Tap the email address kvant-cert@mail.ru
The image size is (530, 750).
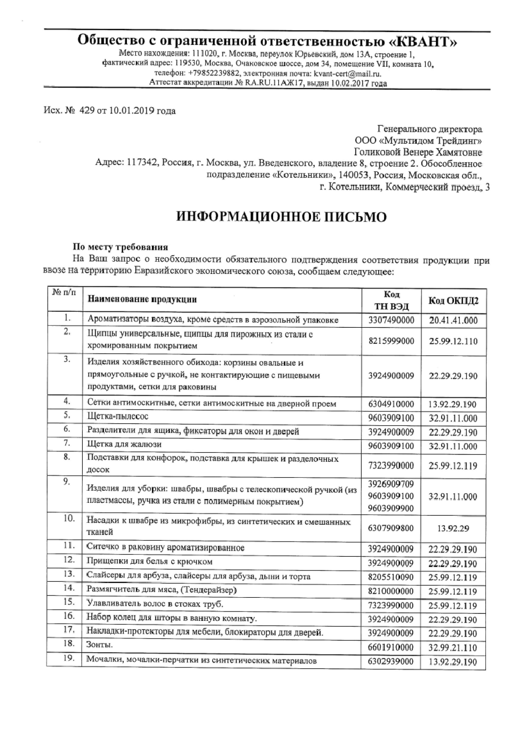click(350, 74)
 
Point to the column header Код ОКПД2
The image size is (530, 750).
click(453, 301)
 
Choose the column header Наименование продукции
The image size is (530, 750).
click(142, 299)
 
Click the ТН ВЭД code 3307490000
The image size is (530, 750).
click(391, 320)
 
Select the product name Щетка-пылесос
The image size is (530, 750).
click(118, 416)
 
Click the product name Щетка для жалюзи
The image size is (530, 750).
click(124, 444)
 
